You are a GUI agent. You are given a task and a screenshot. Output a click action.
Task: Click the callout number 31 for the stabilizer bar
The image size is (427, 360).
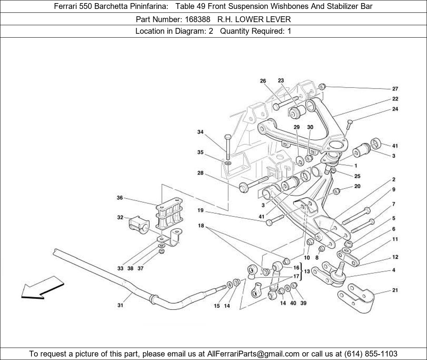point(120,305)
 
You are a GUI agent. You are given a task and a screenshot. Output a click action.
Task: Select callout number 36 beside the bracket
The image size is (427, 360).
point(120,198)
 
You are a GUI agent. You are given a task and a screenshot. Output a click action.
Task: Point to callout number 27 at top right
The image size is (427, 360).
point(395,88)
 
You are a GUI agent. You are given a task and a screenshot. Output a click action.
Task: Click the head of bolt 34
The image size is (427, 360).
point(227,137)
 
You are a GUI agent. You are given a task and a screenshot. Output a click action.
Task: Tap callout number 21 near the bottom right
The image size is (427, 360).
point(395,290)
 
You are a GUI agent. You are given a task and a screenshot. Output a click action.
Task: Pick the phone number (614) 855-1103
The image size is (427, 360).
point(371,353)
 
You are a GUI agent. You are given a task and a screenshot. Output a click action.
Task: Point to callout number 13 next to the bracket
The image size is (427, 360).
point(307,272)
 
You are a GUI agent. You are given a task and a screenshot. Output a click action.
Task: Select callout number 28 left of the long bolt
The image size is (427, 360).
point(200,173)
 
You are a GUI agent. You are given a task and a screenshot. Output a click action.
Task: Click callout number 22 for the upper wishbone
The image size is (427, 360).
point(395,99)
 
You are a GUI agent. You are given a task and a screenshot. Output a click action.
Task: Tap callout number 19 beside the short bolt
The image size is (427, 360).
point(200,211)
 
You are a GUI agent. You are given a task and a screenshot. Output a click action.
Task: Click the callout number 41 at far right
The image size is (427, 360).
point(395,146)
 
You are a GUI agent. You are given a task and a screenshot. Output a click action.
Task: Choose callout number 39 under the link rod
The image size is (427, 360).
point(303,303)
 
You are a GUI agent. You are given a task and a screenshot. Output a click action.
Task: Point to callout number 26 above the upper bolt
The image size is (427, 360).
point(263,81)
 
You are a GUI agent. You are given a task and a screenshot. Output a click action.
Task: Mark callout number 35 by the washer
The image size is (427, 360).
point(200,152)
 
